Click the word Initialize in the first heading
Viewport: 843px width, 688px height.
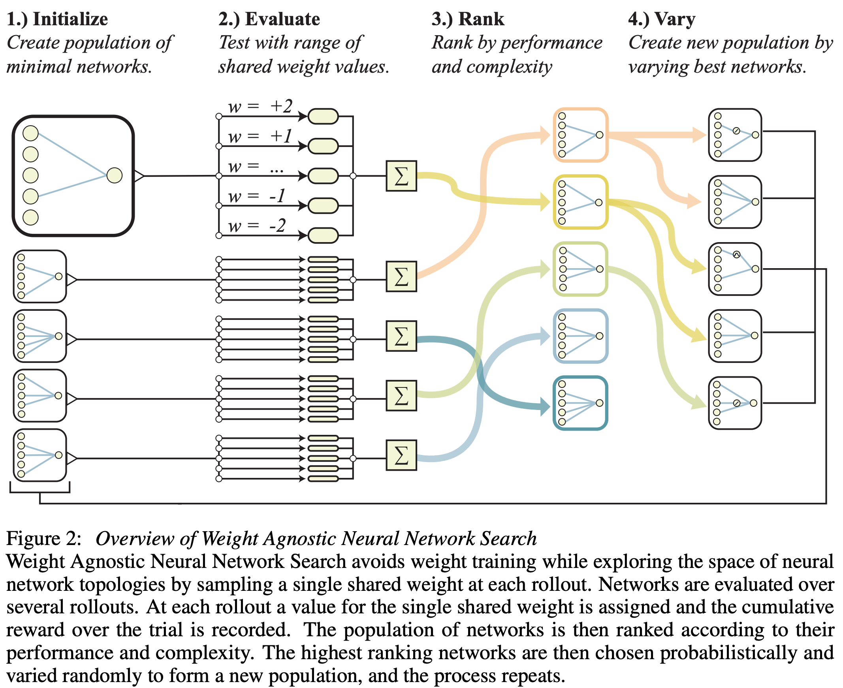(x=70, y=19)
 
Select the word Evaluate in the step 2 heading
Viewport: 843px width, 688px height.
(x=282, y=19)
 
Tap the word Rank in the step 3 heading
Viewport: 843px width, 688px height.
(x=481, y=19)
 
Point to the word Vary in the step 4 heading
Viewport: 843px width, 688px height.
(x=675, y=19)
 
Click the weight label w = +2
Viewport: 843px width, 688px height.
(x=260, y=106)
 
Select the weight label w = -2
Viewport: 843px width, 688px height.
(x=257, y=226)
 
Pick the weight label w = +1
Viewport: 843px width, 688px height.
(x=260, y=136)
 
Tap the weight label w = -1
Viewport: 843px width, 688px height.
(x=257, y=196)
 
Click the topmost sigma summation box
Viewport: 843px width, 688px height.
(x=401, y=176)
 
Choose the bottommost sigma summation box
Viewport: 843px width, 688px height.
(x=401, y=455)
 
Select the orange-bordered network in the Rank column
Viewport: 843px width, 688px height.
(x=580, y=135)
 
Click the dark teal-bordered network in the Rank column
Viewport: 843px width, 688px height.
(x=580, y=403)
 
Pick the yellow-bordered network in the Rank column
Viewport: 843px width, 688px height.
(x=580, y=202)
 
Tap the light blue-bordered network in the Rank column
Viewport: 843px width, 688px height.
(x=580, y=336)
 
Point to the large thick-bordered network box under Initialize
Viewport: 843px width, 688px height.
(x=73, y=176)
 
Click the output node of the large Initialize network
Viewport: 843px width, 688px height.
(x=115, y=176)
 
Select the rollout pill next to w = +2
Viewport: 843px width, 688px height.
(x=323, y=117)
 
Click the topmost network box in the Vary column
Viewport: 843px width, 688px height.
(x=735, y=135)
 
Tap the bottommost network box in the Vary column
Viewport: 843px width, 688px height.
(x=735, y=403)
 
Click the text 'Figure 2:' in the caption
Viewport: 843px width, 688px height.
(x=43, y=539)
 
